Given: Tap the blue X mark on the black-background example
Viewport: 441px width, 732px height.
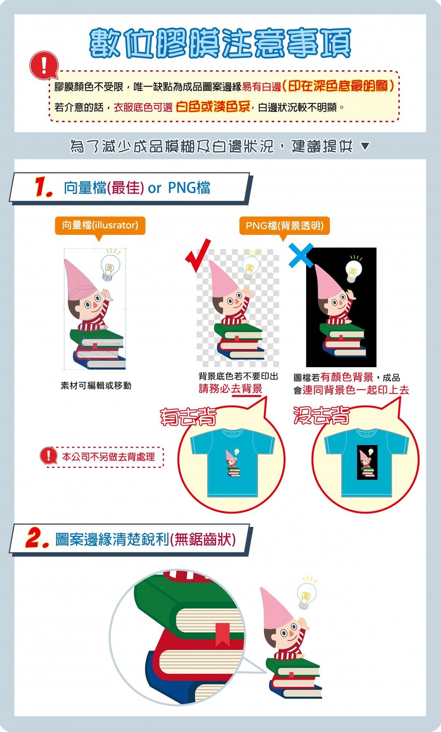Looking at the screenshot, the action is pos(301,255).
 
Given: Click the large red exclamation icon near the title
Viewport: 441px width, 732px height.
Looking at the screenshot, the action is pos(44,65).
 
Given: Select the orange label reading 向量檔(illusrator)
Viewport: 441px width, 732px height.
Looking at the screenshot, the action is pos(100,225).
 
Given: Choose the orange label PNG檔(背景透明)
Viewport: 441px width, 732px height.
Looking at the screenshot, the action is pos(284,225).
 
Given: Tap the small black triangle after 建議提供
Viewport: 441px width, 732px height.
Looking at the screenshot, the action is pos(365,146).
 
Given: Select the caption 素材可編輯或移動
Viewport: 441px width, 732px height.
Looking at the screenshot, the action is pos(96,385).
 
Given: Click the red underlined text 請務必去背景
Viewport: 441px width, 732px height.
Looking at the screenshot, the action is pos(230,389).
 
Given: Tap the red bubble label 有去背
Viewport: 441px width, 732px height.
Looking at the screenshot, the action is pos(188,417).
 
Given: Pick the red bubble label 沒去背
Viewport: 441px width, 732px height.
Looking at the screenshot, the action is pos(322,415).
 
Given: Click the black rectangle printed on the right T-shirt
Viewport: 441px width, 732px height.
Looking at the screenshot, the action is pos(367,462).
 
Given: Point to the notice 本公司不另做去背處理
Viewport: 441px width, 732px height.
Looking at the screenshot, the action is pos(109,457).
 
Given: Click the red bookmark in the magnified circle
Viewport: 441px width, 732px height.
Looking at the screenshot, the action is pos(222,634).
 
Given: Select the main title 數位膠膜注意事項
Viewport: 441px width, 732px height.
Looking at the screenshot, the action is pos(220,43).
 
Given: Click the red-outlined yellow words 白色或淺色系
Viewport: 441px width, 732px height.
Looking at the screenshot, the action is pos(213,107).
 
